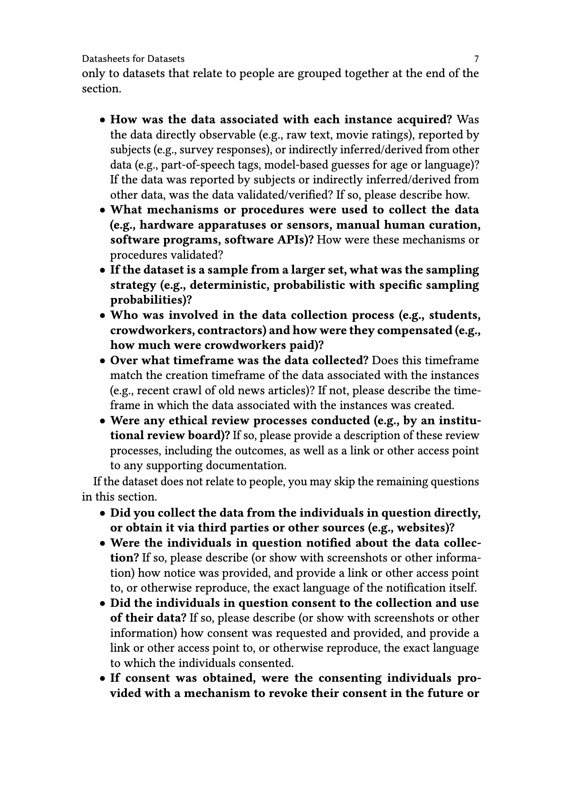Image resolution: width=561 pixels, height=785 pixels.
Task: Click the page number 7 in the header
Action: coord(477,59)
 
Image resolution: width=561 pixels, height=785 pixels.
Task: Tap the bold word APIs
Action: coord(292,240)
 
